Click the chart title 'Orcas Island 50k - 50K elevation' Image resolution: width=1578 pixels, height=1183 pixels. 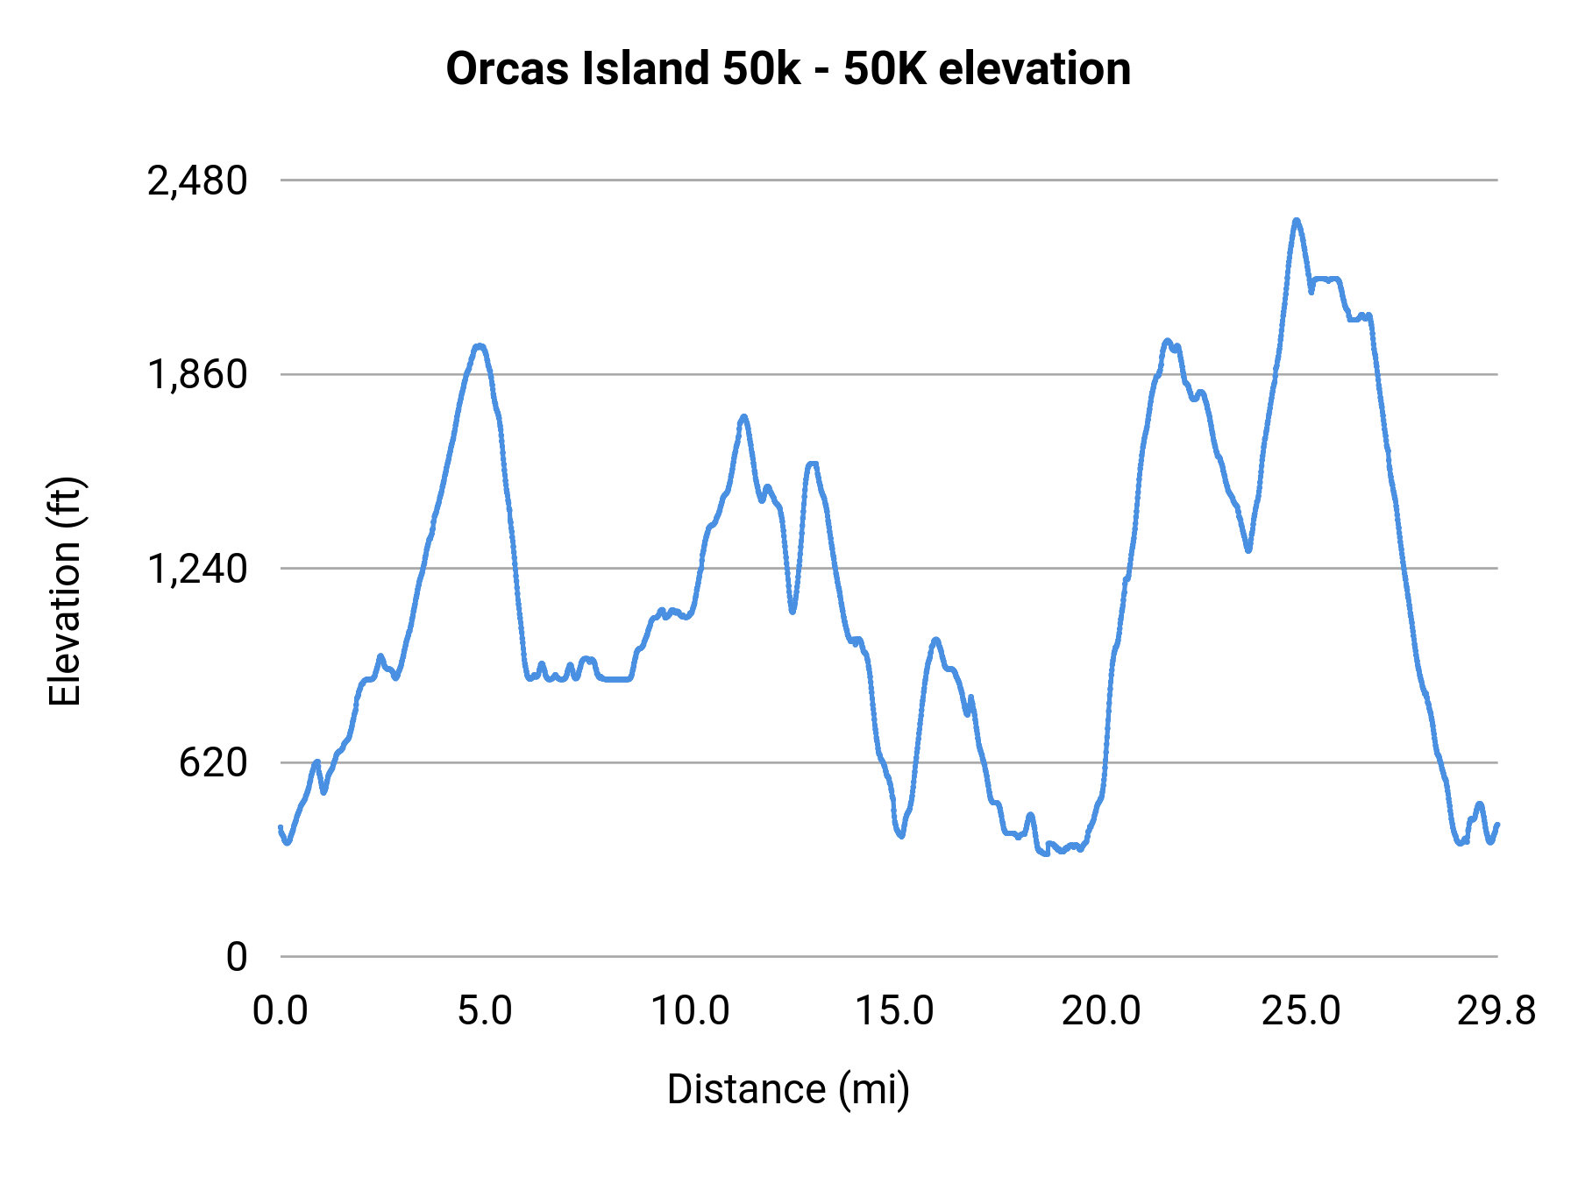point(788,69)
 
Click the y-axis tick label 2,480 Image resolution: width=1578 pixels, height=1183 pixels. point(197,181)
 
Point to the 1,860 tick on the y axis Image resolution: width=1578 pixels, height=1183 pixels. point(197,375)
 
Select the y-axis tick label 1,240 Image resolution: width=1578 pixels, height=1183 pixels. point(197,570)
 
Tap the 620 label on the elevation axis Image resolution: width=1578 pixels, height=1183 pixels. point(213,763)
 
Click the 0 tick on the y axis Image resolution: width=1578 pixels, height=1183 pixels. point(236,957)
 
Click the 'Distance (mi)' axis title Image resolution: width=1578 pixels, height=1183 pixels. point(788,1090)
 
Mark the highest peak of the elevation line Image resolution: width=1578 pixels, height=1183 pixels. point(1296,221)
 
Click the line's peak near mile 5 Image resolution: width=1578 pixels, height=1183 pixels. point(479,346)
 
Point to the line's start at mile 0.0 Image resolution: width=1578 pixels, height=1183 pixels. point(281,827)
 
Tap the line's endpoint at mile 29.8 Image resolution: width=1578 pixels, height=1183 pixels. point(1497,825)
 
